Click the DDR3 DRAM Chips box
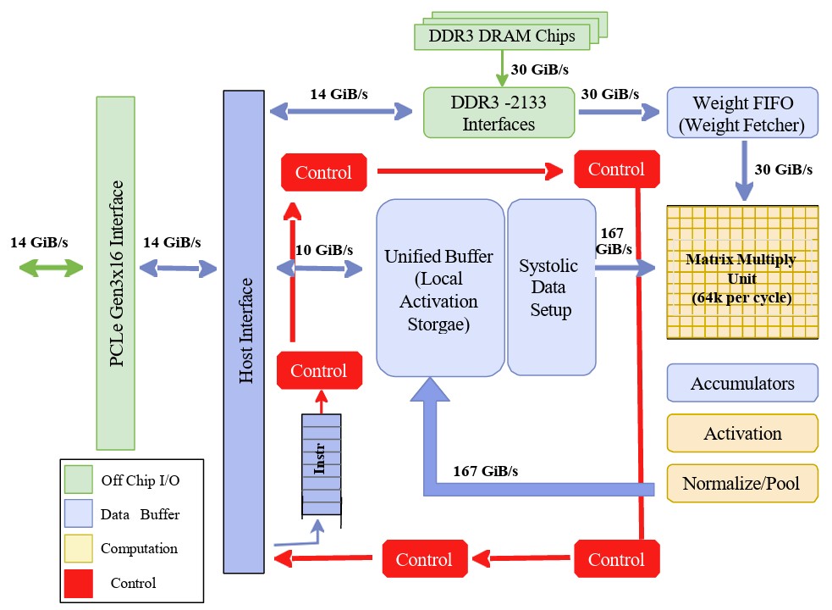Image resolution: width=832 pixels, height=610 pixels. coord(501,36)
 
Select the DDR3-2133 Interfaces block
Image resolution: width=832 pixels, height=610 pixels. coord(499,114)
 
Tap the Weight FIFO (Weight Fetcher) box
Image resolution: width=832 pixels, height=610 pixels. coord(742,114)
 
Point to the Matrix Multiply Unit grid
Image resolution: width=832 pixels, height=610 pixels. coord(741,272)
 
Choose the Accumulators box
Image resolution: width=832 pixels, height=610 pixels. coord(742,383)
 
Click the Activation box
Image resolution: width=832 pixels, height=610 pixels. coord(742,433)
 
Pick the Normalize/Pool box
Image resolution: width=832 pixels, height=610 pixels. coord(742,484)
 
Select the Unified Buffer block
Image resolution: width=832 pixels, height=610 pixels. coord(439,287)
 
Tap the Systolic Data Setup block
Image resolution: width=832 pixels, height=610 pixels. coord(548,287)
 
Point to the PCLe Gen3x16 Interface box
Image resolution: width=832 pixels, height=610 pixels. coord(116,273)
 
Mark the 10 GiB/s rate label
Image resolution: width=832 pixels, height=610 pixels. coord(324,250)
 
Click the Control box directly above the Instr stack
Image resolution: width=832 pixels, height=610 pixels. coord(319,370)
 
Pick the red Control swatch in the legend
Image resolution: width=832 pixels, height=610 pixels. coord(79,582)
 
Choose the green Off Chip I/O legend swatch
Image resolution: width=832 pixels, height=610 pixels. coord(79,480)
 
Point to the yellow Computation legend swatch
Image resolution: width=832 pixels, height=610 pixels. coord(79,548)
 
